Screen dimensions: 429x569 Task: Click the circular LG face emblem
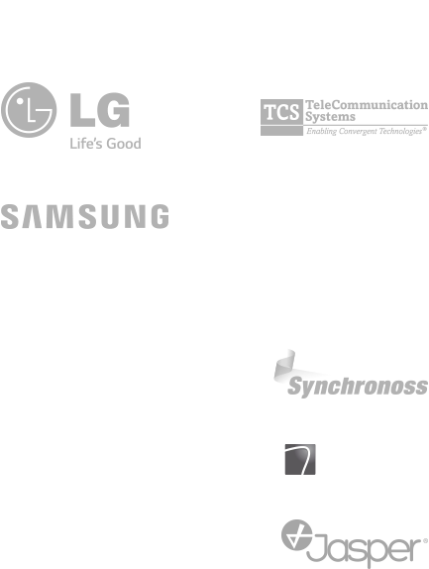click(x=29, y=110)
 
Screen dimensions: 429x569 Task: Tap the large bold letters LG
click(x=100, y=110)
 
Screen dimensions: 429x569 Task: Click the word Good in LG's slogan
click(x=124, y=144)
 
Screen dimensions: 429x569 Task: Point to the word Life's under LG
click(x=86, y=144)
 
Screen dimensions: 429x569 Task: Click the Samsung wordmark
click(x=85, y=216)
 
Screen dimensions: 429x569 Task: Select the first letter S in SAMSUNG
click(x=10, y=216)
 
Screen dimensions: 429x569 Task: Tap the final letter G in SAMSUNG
click(x=160, y=216)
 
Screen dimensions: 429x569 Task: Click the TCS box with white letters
click(x=281, y=112)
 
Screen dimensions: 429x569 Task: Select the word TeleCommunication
click(x=367, y=105)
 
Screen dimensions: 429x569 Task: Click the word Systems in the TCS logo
click(x=330, y=117)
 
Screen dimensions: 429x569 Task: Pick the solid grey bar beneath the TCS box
click(x=281, y=131)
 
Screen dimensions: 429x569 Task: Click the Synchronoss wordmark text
click(x=358, y=387)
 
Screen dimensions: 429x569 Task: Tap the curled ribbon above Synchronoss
click(x=285, y=367)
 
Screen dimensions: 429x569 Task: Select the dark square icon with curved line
click(x=300, y=459)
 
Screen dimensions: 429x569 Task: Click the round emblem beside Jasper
click(x=296, y=535)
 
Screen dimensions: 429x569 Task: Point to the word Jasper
click(x=364, y=549)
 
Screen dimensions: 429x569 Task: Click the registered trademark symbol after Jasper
click(x=425, y=541)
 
